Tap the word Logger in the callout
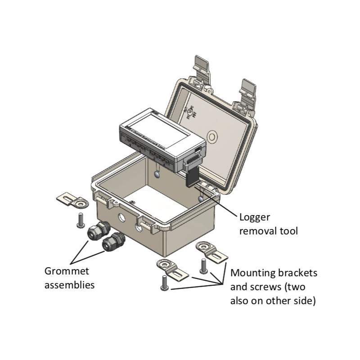coord(255,218)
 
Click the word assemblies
coord(70,285)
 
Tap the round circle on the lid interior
coord(211,135)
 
